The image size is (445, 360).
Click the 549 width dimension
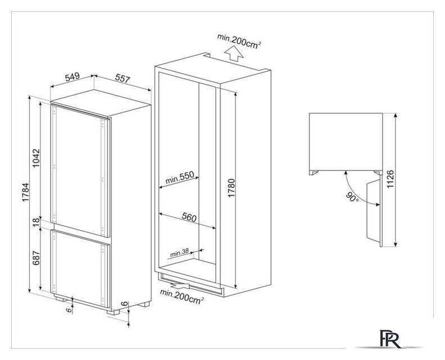(72, 77)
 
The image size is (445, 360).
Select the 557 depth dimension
(123, 78)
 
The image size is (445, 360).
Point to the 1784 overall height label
(26, 192)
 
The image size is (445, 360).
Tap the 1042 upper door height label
(37, 158)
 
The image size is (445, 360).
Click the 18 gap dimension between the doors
(37, 222)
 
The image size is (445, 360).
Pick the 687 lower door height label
(36, 258)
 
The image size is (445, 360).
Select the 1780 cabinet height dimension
(232, 188)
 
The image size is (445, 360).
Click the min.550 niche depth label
(179, 178)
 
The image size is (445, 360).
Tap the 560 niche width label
(189, 217)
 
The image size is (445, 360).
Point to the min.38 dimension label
(179, 253)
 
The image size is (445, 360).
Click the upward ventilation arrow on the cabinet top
(233, 54)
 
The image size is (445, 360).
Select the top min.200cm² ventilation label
(239, 40)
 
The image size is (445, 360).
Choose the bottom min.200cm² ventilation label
(182, 296)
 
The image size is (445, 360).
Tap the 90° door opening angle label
(352, 197)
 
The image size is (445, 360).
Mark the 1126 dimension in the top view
(390, 179)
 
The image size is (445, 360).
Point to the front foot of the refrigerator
(113, 312)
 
